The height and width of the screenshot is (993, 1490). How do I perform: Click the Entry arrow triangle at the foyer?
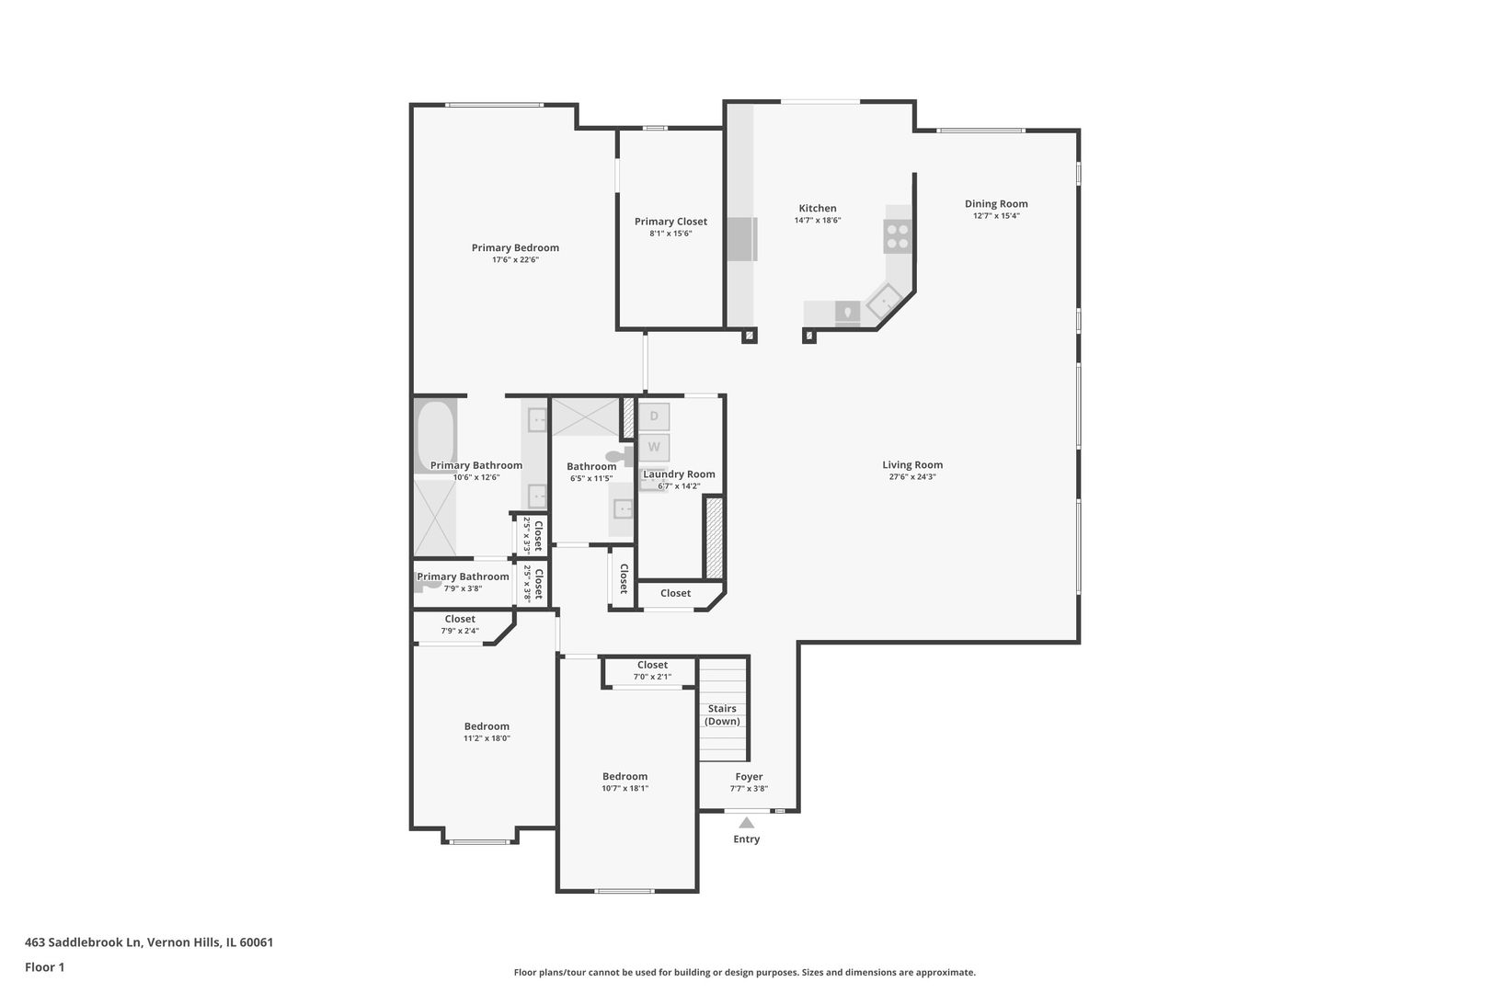(747, 823)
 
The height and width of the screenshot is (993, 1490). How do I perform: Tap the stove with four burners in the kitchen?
(898, 236)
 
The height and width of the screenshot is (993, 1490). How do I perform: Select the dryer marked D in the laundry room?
(654, 417)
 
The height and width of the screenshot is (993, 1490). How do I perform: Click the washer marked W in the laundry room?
(654, 448)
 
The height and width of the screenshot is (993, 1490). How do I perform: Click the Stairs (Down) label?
(722, 715)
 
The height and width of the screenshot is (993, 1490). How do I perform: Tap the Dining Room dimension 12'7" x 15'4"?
(996, 216)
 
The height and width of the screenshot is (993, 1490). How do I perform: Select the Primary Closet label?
(670, 222)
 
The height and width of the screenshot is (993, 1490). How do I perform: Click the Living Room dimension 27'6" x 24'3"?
(912, 477)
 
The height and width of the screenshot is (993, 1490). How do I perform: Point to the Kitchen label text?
(817, 209)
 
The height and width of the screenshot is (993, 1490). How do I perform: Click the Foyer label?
(749, 777)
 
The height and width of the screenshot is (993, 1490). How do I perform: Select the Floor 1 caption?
(44, 967)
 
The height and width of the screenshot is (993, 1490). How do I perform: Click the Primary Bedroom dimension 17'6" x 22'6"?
(515, 260)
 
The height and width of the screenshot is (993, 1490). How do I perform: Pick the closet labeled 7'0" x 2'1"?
(652, 670)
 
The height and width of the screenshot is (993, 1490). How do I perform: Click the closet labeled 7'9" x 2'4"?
(460, 624)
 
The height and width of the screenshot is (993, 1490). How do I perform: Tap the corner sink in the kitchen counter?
(885, 300)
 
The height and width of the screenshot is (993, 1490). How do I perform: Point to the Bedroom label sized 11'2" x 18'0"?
(487, 726)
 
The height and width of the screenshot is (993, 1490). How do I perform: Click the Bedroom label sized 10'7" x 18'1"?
(625, 777)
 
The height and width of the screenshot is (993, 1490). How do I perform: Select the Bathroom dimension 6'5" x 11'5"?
(590, 478)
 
